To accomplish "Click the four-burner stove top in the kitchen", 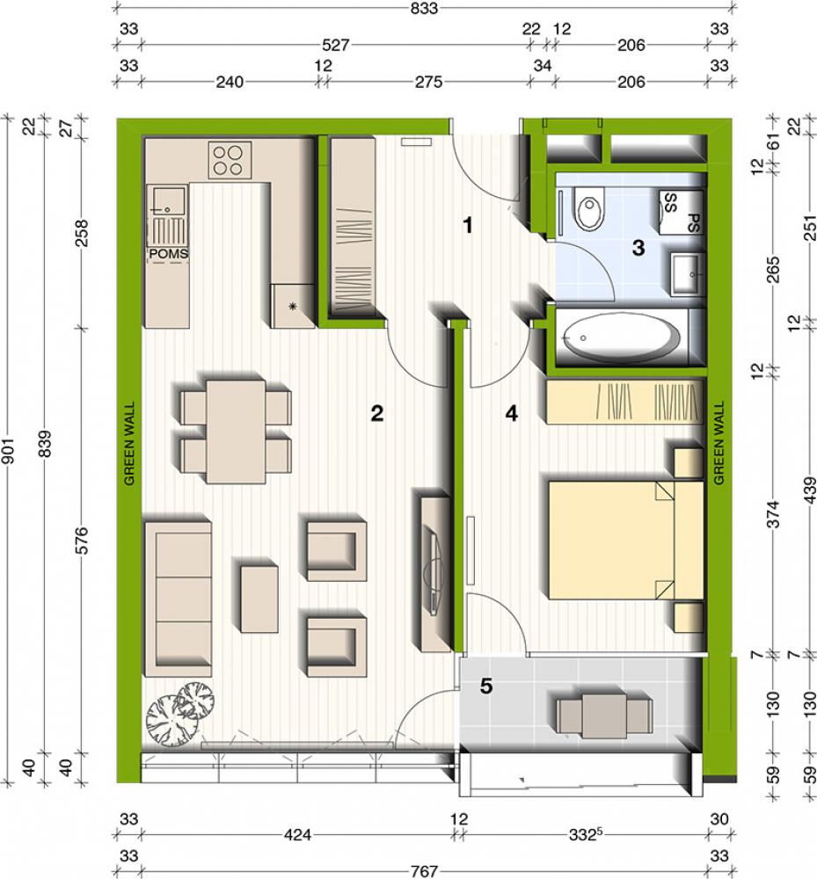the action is pyautogui.click(x=230, y=160).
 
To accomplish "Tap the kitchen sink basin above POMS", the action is pyautogui.click(x=169, y=200).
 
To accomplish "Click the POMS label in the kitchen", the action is pyautogui.click(x=168, y=254).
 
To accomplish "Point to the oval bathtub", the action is pyautogui.click(x=621, y=338).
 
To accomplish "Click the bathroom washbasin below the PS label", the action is pyautogui.click(x=688, y=273).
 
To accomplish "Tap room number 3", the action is pyautogui.click(x=638, y=247).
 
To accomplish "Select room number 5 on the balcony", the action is pyautogui.click(x=485, y=686).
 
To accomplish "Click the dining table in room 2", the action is pyautogui.click(x=236, y=431).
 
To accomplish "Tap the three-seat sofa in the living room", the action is pyautogui.click(x=179, y=599).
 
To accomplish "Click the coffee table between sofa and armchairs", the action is pyautogui.click(x=259, y=599).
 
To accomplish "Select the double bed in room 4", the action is pyautogui.click(x=626, y=540).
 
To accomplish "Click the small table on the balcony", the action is pyautogui.click(x=604, y=716).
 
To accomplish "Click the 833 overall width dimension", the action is pyautogui.click(x=423, y=8).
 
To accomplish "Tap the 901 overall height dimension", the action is pyautogui.click(x=8, y=449).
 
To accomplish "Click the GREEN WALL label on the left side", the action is pyautogui.click(x=129, y=443).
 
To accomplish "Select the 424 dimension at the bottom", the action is pyautogui.click(x=297, y=835).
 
